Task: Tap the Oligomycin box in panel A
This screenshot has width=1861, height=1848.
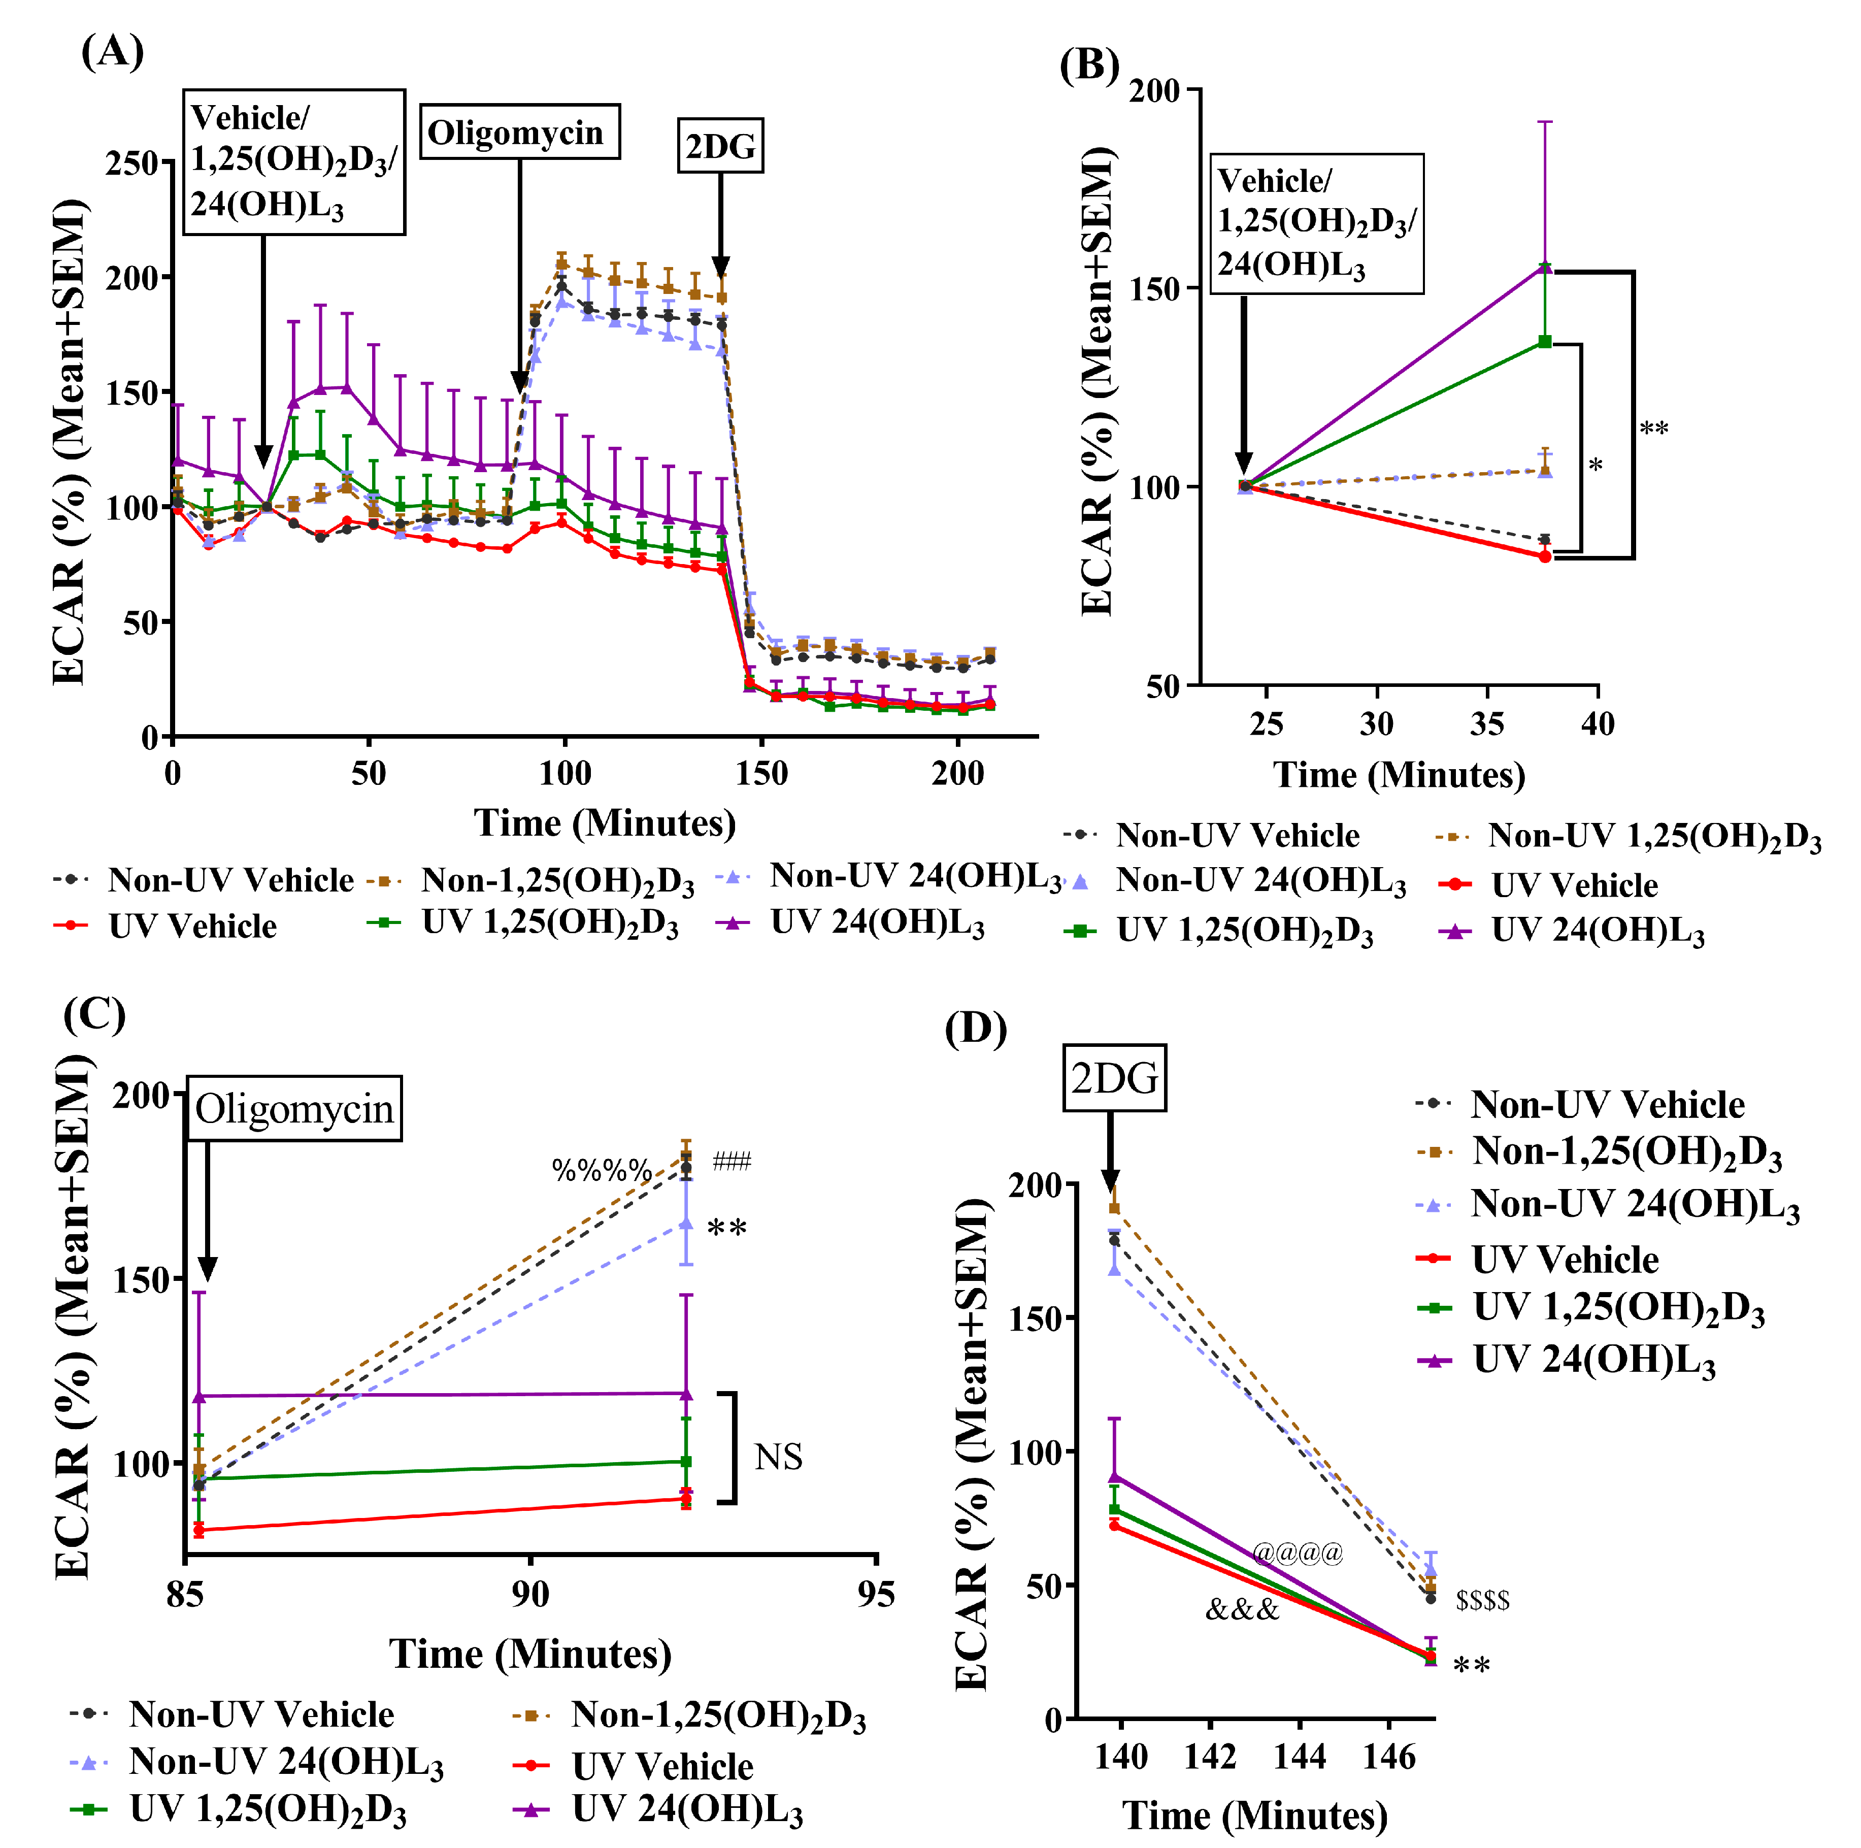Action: [x=518, y=132]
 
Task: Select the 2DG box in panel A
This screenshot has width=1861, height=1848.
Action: [x=720, y=146]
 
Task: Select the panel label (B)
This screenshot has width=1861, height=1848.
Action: [x=1089, y=65]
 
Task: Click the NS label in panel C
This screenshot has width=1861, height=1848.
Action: [x=778, y=1458]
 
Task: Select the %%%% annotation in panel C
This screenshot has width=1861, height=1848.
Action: [x=601, y=1171]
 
